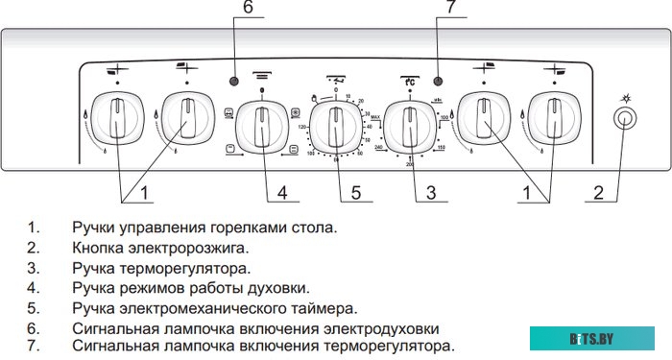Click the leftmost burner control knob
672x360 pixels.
click(x=116, y=121)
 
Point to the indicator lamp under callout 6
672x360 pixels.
click(x=234, y=80)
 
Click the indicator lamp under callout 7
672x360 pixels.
click(x=438, y=80)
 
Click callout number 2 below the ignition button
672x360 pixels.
click(x=598, y=194)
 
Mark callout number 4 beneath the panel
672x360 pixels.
click(x=282, y=194)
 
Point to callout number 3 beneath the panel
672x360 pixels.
click(x=430, y=194)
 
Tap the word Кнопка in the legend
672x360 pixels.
click(x=94, y=249)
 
